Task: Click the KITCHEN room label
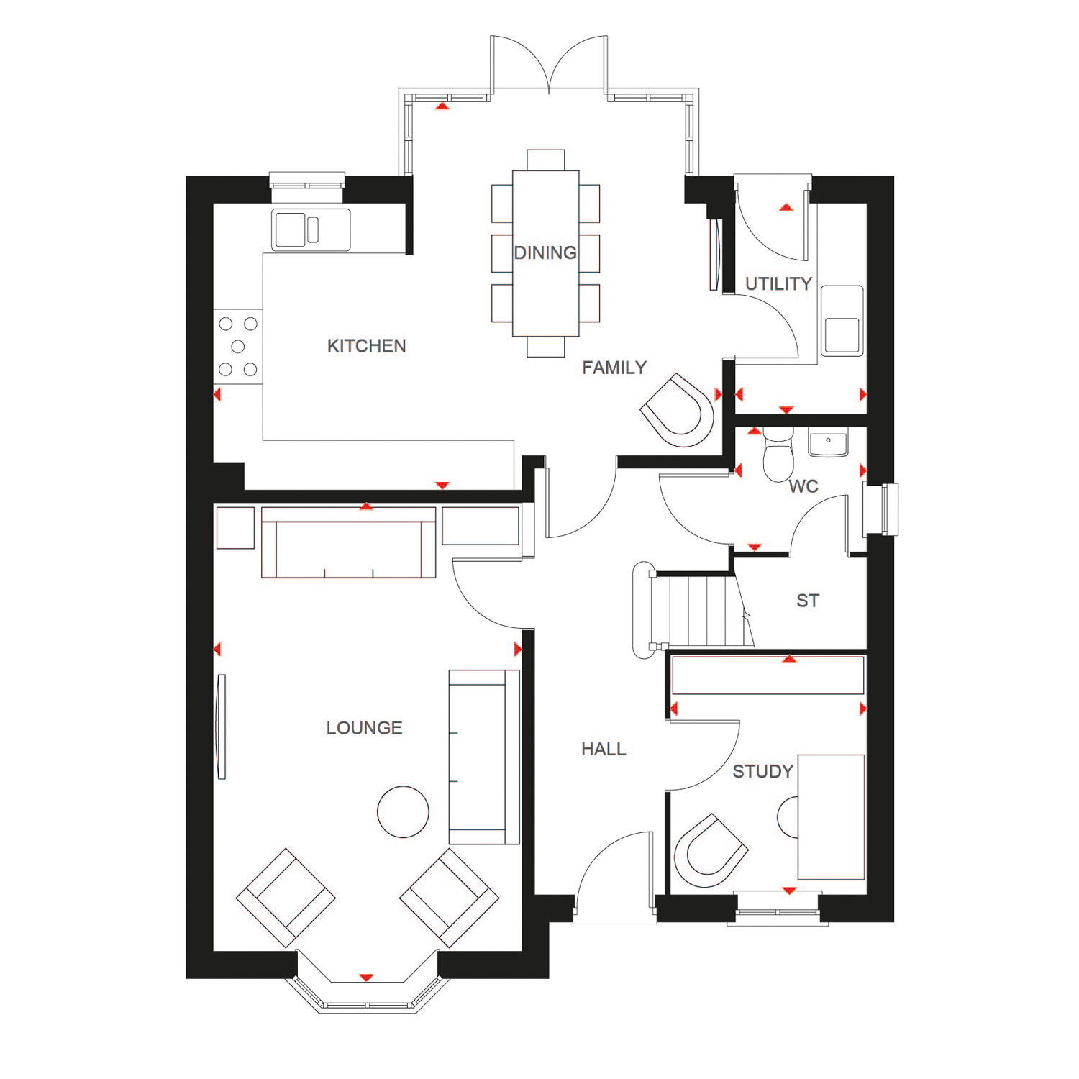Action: point(366,346)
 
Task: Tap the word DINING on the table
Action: point(545,253)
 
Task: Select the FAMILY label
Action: point(614,368)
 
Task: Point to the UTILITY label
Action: point(778,284)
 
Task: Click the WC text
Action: point(803,487)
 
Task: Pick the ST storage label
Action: point(808,601)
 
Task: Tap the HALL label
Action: point(604,750)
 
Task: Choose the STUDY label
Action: point(762,772)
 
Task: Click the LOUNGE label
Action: point(364,728)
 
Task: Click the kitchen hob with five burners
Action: point(238,347)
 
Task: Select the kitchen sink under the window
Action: point(311,229)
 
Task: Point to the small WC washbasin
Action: point(829,442)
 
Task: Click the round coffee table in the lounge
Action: point(403,812)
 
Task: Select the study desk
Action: point(832,817)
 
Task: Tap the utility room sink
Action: point(842,321)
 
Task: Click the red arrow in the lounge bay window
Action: point(366,978)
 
